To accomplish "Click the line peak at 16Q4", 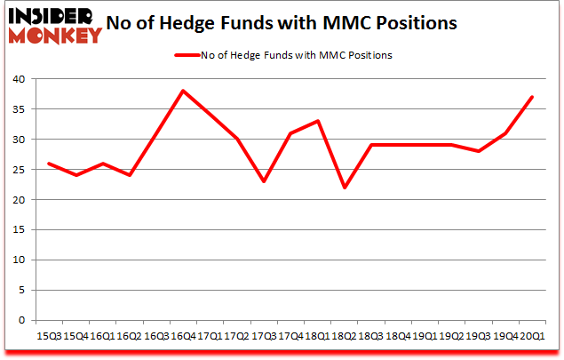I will pyautogui.click(x=183, y=91).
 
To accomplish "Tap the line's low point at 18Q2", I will pyautogui.click(x=344, y=188).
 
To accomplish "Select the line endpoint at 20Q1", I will pyautogui.click(x=532, y=97).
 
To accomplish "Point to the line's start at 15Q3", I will pyautogui.click(x=48, y=164).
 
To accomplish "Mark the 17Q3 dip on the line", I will pyautogui.click(x=264, y=181).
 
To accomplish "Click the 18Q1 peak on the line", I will pyautogui.click(x=317, y=121).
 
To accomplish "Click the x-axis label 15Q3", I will pyautogui.click(x=48, y=336).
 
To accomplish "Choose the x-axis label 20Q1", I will pyautogui.click(x=532, y=336).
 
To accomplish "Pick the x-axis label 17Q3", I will pyautogui.click(x=264, y=336).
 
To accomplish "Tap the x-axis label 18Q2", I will pyautogui.click(x=344, y=336).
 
